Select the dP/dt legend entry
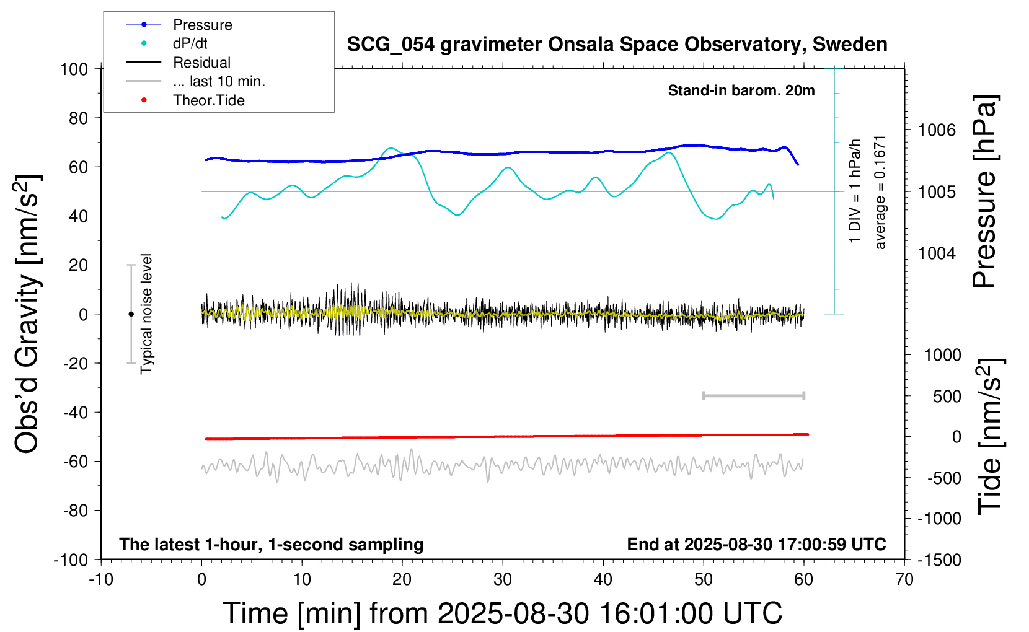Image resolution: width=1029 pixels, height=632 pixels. (190, 43)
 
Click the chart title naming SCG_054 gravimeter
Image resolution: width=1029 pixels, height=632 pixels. (617, 45)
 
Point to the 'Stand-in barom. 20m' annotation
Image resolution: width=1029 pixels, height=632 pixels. (741, 90)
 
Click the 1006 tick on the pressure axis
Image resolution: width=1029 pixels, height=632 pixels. (937, 130)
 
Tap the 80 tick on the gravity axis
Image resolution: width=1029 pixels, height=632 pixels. (78, 118)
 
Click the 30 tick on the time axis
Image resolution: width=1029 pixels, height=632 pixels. (503, 580)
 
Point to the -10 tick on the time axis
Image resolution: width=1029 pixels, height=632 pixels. (101, 580)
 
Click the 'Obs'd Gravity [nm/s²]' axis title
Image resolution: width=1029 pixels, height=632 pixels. (28, 314)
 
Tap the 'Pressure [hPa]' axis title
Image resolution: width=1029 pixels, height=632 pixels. (985, 191)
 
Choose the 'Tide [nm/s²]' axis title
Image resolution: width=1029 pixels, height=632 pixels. (990, 436)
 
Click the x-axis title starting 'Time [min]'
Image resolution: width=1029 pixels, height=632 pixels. (502, 613)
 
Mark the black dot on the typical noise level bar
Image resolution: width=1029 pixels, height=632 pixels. (131, 314)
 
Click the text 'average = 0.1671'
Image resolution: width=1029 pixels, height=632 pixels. (880, 192)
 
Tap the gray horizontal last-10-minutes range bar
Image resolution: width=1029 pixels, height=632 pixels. (753, 396)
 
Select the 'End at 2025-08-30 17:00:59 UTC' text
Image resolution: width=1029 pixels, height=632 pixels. (756, 545)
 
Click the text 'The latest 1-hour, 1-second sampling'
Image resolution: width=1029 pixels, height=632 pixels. (272, 545)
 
